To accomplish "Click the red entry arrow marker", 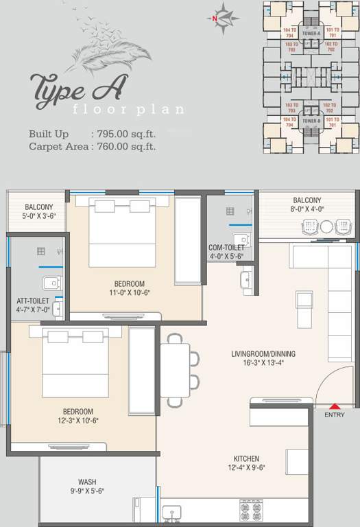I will (x=335, y=407).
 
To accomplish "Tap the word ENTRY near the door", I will (x=335, y=415).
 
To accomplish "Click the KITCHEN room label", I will (x=245, y=458).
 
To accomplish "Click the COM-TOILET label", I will (x=227, y=248).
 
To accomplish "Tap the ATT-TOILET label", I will (x=33, y=301).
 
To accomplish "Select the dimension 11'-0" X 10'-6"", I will (x=130, y=293).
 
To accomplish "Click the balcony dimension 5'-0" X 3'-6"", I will (x=38, y=216).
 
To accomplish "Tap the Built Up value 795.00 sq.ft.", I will (x=123, y=134).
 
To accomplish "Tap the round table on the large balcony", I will (x=326, y=226).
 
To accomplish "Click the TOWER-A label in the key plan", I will (x=312, y=32).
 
